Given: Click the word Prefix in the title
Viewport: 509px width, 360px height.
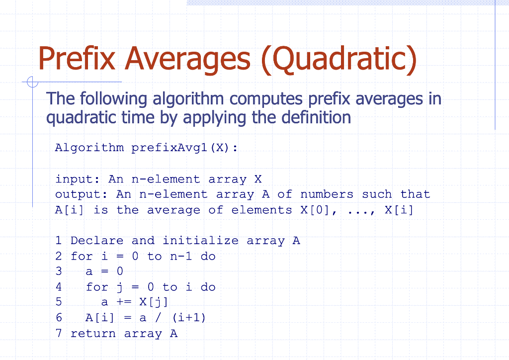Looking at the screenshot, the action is point(77,58).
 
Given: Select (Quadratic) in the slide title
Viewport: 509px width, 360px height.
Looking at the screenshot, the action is point(339,60).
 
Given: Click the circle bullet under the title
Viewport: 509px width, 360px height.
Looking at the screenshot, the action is point(32,82).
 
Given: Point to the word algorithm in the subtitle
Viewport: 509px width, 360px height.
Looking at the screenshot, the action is point(188,99).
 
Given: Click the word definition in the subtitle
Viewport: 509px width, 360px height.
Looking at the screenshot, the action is point(316,117).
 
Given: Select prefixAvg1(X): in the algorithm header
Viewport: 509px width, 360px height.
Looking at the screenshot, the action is point(184,148).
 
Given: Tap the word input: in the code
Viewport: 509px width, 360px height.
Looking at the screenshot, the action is point(77,180).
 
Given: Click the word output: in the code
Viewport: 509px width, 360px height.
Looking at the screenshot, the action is point(81,194).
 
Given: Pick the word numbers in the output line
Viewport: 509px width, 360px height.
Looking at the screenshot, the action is point(327,194).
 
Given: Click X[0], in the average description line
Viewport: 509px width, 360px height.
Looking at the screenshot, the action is point(319,210).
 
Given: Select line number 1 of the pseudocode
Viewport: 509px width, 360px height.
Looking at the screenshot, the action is point(59,241).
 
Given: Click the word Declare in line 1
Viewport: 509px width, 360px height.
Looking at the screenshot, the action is point(97,241).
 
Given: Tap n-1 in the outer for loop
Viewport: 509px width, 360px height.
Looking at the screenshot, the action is point(181,257).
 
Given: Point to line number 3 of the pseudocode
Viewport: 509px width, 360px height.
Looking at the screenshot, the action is point(59,271).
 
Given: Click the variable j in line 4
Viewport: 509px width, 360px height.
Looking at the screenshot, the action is point(120,287).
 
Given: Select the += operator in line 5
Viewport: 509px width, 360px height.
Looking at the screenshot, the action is point(124,302).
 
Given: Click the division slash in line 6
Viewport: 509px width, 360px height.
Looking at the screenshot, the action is point(158,317).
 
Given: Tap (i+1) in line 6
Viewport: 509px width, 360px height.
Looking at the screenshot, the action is point(189,317).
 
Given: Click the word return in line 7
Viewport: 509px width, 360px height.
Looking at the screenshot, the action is point(93,334).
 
